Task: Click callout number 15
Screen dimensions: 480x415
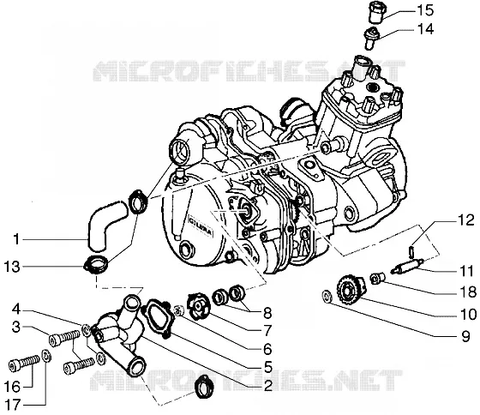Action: pyautogui.click(x=425, y=10)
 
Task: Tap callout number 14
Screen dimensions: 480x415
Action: pyautogui.click(x=425, y=29)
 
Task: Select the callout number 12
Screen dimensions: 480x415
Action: pyautogui.click(x=466, y=220)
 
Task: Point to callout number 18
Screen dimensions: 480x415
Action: pyautogui.click(x=468, y=292)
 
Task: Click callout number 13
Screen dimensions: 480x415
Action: pyautogui.click(x=12, y=267)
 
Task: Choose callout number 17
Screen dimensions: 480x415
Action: pyautogui.click(x=12, y=406)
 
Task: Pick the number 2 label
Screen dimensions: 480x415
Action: pyautogui.click(x=267, y=386)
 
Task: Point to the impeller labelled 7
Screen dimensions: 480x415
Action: pyautogui.click(x=199, y=306)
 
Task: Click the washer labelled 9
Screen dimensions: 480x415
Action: pyautogui.click(x=327, y=297)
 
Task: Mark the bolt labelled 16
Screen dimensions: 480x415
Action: pyautogui.click(x=24, y=363)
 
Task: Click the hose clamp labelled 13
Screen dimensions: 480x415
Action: pyautogui.click(x=96, y=264)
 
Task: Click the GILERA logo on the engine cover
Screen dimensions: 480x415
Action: pyautogui.click(x=200, y=226)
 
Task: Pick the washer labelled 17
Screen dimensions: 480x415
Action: pyautogui.click(x=46, y=357)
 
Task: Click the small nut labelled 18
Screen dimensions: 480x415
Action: pyautogui.click(x=377, y=279)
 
